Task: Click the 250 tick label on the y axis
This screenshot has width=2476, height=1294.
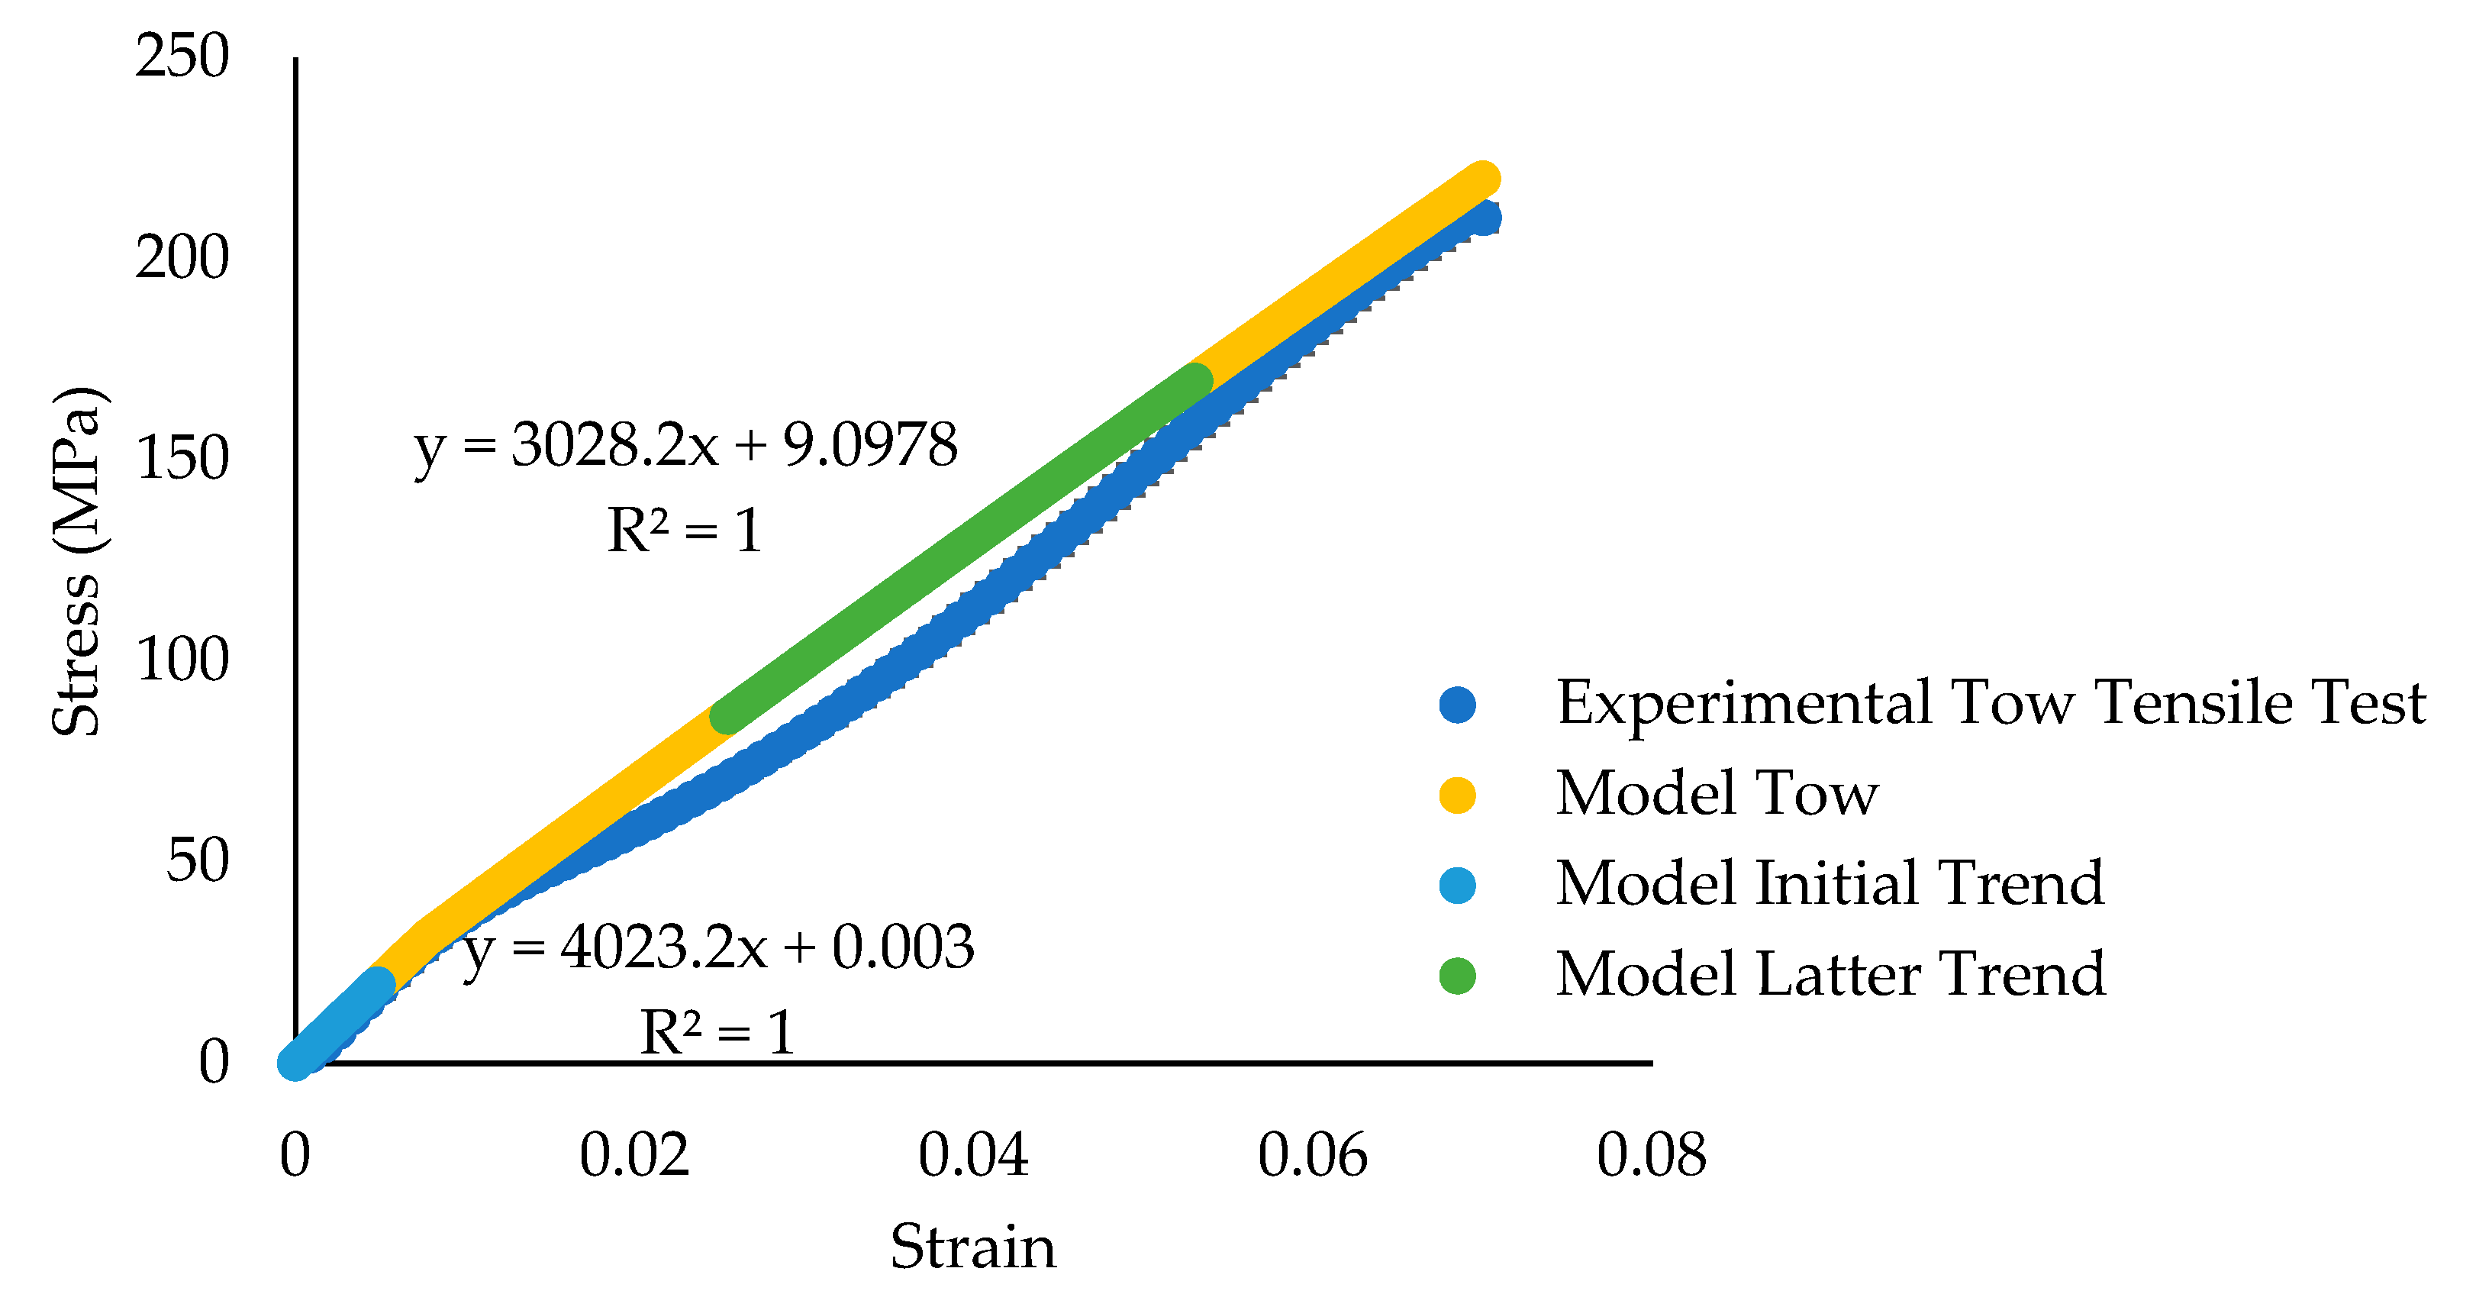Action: coord(182,56)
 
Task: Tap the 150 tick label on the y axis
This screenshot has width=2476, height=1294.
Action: coord(182,459)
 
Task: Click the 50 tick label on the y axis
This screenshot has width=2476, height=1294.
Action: coord(197,860)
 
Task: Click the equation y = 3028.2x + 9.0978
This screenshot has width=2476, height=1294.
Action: coord(686,446)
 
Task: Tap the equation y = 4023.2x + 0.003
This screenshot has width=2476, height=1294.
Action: coord(719,948)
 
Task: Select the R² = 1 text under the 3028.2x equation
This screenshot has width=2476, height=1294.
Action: coord(685,531)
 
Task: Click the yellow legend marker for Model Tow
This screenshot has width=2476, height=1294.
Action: coord(1457,795)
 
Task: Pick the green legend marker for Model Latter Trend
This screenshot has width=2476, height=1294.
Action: coord(1457,976)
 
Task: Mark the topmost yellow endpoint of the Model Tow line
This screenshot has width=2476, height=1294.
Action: coord(1484,179)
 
